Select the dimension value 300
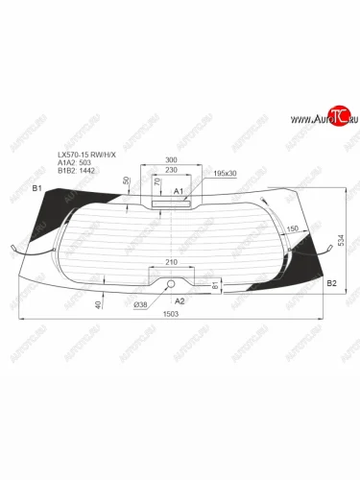[172, 160]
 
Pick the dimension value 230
[172, 171]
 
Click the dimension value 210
[172, 261]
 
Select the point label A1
[178, 192]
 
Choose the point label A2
[179, 300]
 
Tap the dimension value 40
[99, 303]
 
